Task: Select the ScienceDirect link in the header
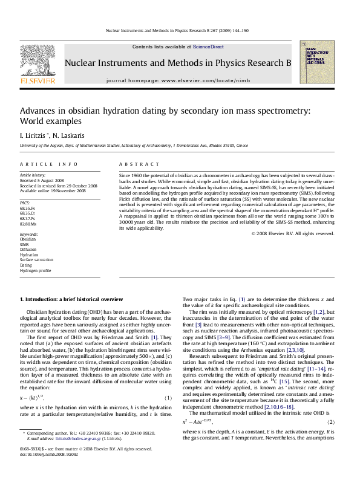click(x=208, y=47)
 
